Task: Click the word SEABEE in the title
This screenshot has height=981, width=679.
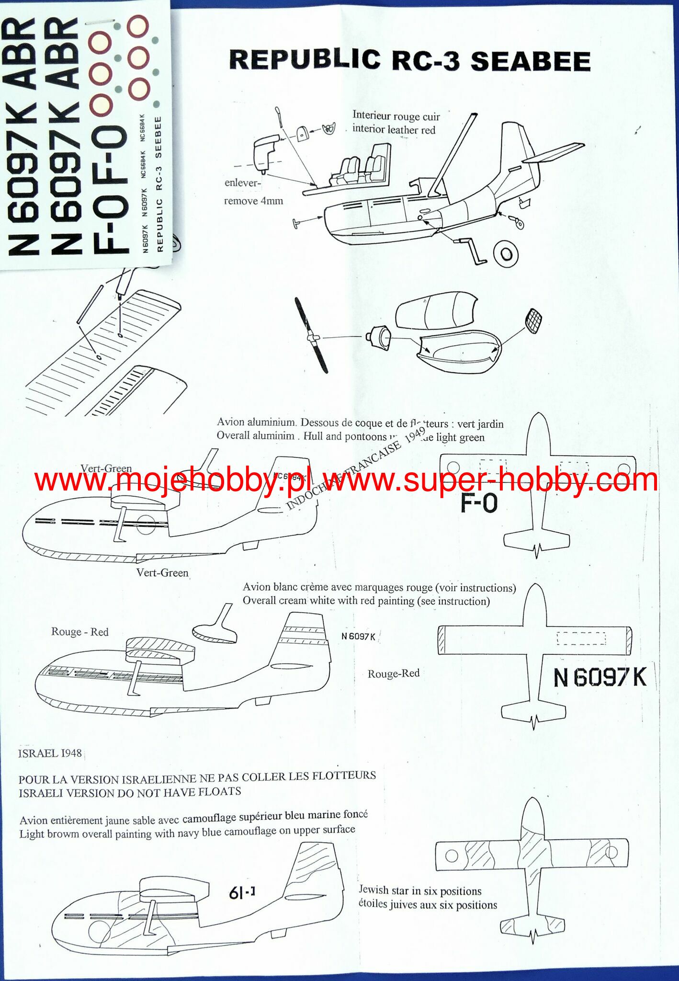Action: [531, 61]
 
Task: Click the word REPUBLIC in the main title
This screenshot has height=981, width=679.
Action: [305, 60]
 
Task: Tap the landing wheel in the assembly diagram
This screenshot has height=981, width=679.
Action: [505, 254]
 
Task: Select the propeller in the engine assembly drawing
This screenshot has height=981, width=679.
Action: [311, 335]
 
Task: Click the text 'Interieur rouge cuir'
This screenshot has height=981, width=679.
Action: [396, 115]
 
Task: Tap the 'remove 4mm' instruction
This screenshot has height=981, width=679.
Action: [253, 201]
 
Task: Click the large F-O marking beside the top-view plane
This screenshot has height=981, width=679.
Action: [479, 503]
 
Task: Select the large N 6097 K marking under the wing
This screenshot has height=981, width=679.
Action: [600, 677]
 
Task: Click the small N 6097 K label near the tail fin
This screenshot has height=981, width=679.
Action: [358, 636]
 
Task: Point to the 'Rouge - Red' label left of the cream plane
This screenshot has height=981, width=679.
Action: [80, 632]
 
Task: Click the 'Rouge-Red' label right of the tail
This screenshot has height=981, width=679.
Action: [394, 673]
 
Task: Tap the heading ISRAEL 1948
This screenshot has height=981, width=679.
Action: [50, 753]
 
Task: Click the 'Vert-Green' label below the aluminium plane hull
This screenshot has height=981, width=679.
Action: [162, 572]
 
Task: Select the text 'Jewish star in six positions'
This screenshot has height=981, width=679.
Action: [420, 890]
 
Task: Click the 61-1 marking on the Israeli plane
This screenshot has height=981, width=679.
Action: [242, 892]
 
